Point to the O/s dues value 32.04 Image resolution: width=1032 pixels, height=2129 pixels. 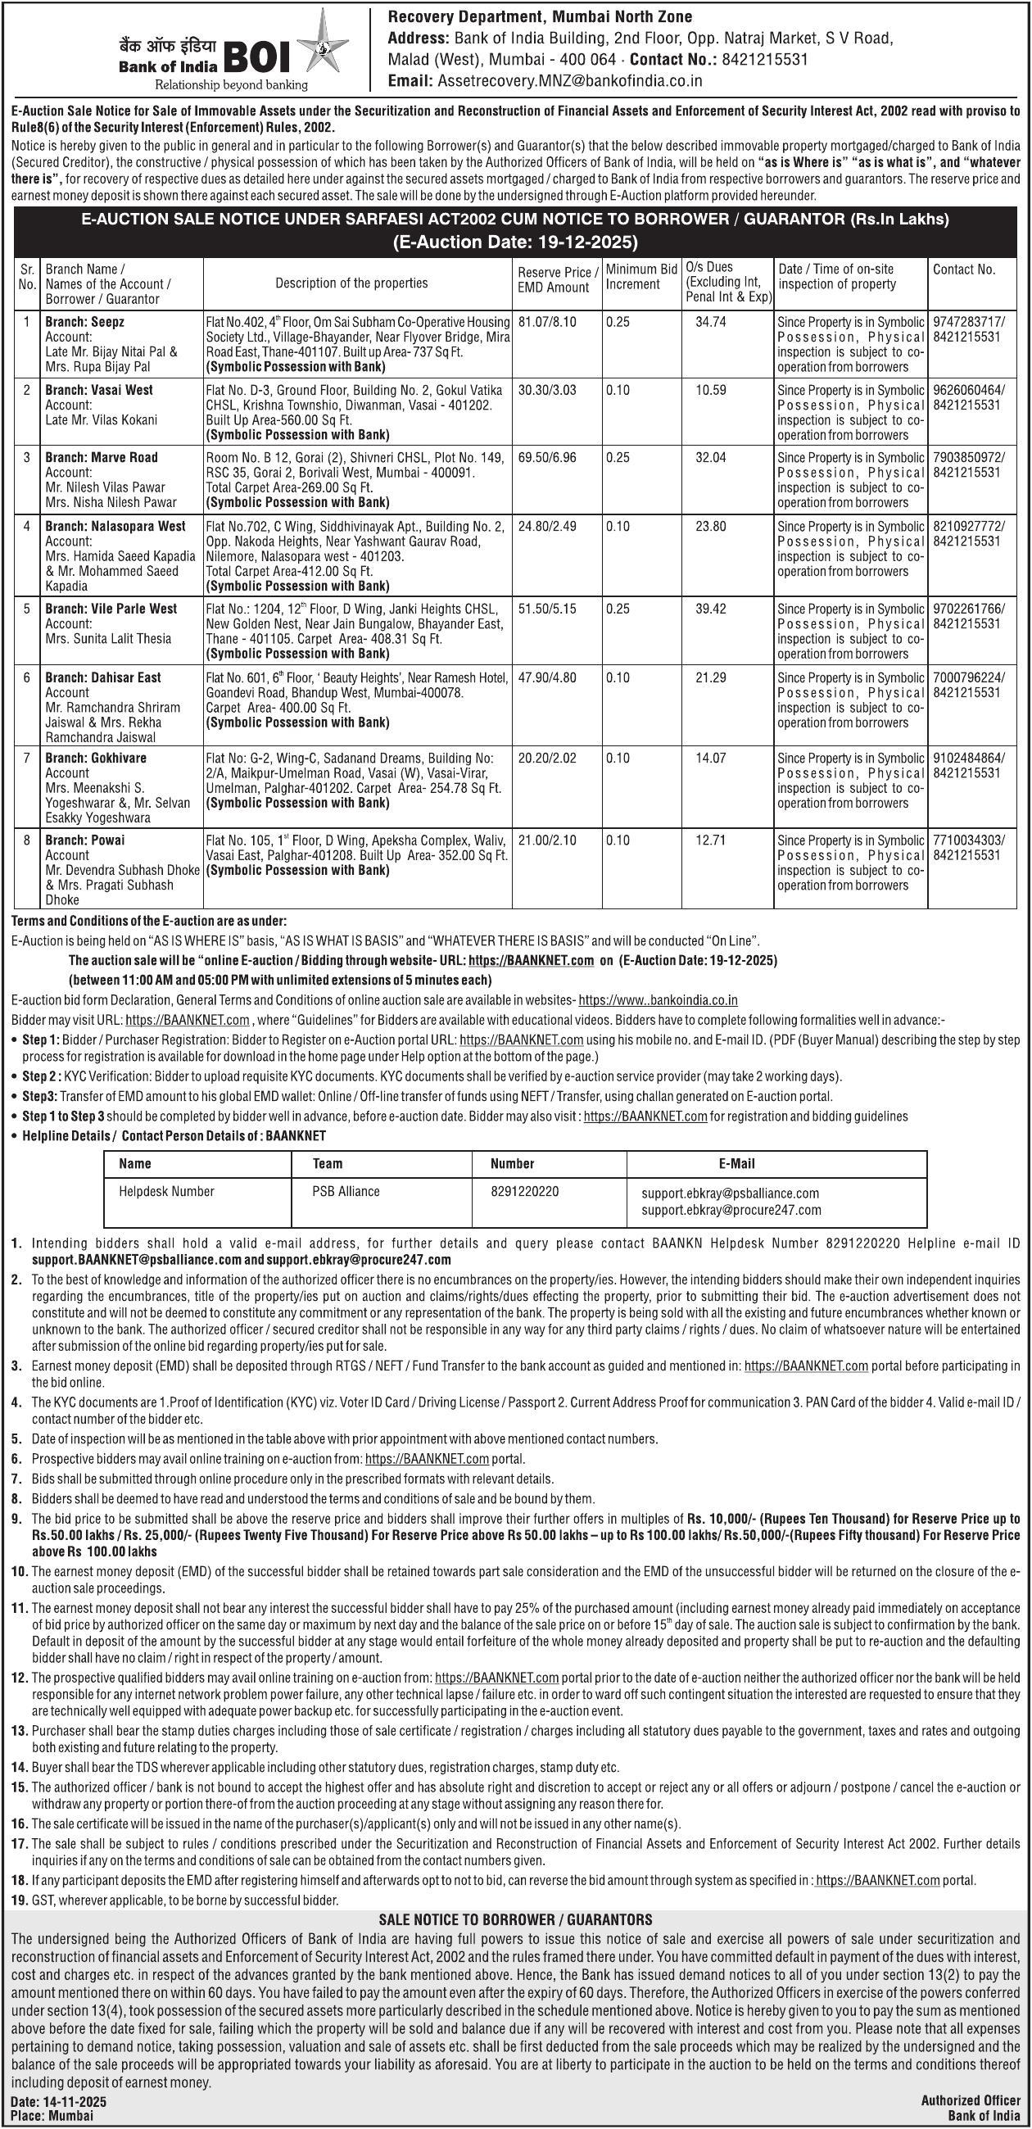click(710, 458)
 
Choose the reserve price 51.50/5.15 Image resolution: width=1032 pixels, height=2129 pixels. click(546, 609)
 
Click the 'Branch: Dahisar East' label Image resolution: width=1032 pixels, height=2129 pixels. click(102, 677)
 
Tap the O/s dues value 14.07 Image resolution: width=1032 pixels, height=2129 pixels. click(710, 758)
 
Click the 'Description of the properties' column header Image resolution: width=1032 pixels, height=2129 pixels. click(352, 283)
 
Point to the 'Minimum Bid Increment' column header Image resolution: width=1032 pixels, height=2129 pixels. click(642, 276)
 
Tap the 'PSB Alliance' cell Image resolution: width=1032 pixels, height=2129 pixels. click(346, 1191)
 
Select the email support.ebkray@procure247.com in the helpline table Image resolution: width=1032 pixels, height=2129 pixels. click(731, 1210)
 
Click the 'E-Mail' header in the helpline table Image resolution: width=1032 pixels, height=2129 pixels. click(736, 1163)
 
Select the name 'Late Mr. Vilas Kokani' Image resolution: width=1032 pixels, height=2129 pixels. click(101, 420)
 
